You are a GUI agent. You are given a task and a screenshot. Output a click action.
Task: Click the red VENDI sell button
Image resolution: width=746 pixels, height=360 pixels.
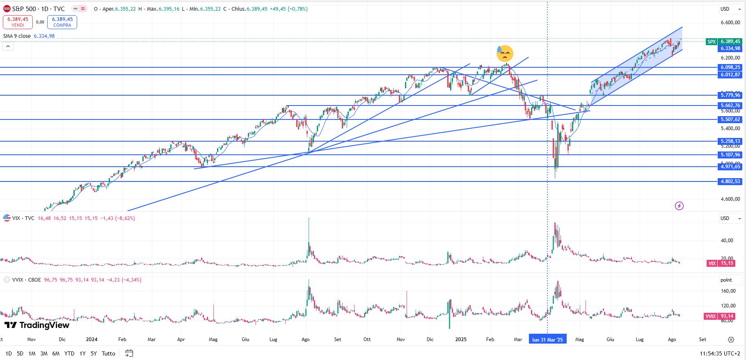click(18, 22)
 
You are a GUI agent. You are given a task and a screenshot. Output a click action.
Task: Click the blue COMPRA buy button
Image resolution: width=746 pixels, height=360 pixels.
click(62, 22)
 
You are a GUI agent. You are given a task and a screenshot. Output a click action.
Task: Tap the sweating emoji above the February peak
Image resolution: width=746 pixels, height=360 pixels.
click(504, 53)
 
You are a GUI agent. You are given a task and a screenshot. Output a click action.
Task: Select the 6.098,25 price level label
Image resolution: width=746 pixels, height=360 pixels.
click(730, 67)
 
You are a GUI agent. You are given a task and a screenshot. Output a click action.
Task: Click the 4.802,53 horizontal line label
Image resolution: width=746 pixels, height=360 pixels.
click(730, 181)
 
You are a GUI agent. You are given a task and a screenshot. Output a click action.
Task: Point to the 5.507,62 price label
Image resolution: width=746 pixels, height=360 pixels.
click(730, 119)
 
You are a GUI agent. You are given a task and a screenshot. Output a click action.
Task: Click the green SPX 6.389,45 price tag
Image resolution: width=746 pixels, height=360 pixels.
click(724, 41)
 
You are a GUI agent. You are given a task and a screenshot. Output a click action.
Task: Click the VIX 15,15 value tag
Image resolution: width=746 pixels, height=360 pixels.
click(724, 263)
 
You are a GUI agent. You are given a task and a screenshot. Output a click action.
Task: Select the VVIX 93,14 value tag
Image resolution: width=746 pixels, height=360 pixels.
click(724, 316)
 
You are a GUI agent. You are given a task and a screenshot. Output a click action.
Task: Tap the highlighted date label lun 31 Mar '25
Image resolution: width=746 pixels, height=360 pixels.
click(547, 339)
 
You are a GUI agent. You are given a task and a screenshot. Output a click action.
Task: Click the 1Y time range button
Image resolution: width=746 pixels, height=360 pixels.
click(82, 353)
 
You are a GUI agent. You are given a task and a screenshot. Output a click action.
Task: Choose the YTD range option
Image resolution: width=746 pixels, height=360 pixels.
click(69, 353)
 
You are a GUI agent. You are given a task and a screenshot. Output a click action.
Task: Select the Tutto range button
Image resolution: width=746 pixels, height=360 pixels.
click(108, 353)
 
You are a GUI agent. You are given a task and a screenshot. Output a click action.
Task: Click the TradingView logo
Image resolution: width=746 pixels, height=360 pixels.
click(37, 325)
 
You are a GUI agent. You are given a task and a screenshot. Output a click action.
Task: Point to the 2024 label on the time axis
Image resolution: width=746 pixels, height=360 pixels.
click(92, 339)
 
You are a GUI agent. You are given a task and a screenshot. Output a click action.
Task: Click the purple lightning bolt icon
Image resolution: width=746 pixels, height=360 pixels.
click(679, 206)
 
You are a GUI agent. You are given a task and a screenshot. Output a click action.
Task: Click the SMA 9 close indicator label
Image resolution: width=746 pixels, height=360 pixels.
click(17, 36)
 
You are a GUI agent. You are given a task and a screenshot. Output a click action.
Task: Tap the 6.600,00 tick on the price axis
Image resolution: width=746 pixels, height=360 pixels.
click(730, 23)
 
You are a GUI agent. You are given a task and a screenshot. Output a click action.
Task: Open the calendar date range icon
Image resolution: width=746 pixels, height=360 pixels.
click(129, 353)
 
